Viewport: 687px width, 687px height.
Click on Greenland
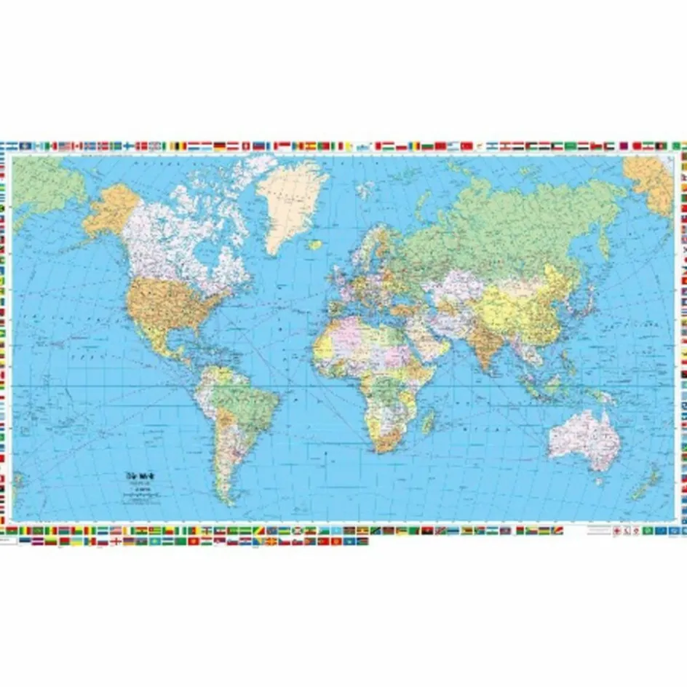(x=291, y=200)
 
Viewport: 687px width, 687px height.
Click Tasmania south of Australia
(x=598, y=480)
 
